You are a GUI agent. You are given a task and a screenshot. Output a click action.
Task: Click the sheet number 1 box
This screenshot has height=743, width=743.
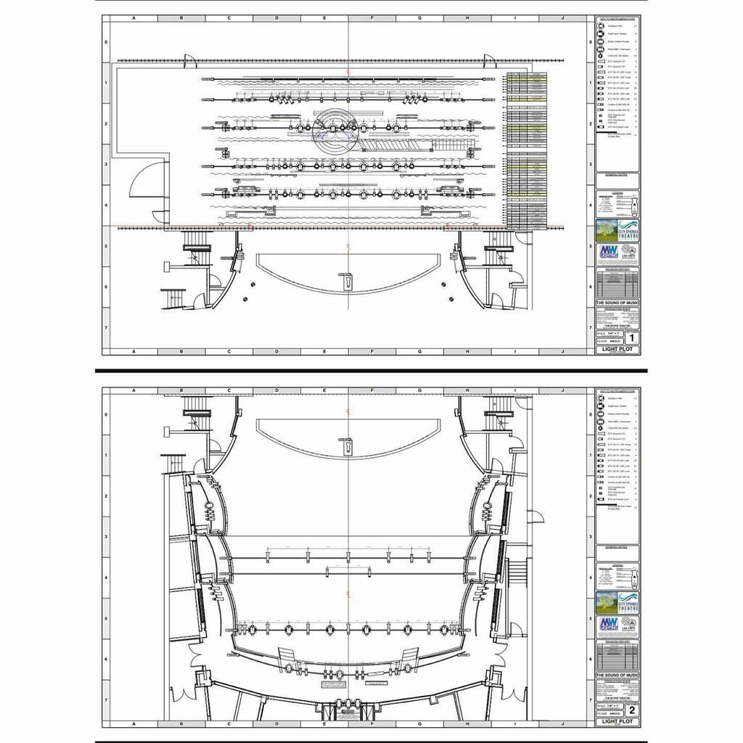pyautogui.click(x=632, y=337)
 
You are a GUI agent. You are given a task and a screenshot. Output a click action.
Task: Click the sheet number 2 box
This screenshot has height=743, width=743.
pyautogui.click(x=632, y=710)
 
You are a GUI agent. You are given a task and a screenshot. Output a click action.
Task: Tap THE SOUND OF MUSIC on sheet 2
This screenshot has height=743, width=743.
pyautogui.click(x=617, y=676)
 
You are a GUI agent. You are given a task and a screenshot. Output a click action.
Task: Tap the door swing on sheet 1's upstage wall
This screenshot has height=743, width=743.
pyautogui.click(x=189, y=62)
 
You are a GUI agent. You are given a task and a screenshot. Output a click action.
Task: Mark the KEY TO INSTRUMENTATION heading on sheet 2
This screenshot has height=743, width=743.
pyautogui.click(x=617, y=390)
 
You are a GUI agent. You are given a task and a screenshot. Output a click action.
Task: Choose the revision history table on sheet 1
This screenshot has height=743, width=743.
pyautogui.click(x=617, y=282)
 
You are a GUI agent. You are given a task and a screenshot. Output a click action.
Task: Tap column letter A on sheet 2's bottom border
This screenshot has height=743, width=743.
pyautogui.click(x=134, y=724)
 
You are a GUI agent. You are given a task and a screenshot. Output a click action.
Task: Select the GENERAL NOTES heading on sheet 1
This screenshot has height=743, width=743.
pyautogui.click(x=617, y=175)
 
